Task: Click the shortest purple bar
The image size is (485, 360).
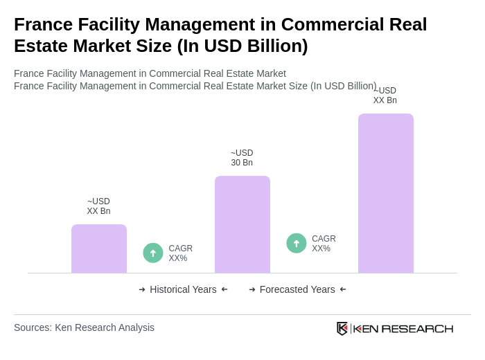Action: coord(99,249)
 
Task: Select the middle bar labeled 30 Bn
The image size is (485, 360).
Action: coord(242,224)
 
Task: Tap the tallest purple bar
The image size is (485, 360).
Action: coord(386,193)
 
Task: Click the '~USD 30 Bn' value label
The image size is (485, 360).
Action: coord(242,158)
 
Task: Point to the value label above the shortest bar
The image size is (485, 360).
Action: coord(98,206)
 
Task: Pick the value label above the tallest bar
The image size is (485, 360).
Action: coord(385,96)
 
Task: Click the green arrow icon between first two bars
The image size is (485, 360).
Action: coord(153,253)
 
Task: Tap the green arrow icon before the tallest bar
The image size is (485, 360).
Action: coord(297,243)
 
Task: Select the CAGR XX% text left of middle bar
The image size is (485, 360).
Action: coord(180,253)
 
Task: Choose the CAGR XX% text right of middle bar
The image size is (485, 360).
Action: coord(324,244)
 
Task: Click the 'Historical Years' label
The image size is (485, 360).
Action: coord(183,289)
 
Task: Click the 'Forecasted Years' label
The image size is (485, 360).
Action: coord(297,289)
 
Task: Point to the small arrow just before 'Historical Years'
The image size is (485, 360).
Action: coord(142,289)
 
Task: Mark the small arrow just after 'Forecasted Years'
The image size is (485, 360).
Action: coord(343,289)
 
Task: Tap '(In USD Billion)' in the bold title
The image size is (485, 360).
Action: coord(242,46)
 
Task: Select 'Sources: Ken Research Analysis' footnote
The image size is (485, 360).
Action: coord(84,327)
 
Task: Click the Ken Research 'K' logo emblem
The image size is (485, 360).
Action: coord(342,328)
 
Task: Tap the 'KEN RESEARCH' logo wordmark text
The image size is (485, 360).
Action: coord(403,328)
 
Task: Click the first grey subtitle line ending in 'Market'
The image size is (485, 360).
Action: coord(150,73)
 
